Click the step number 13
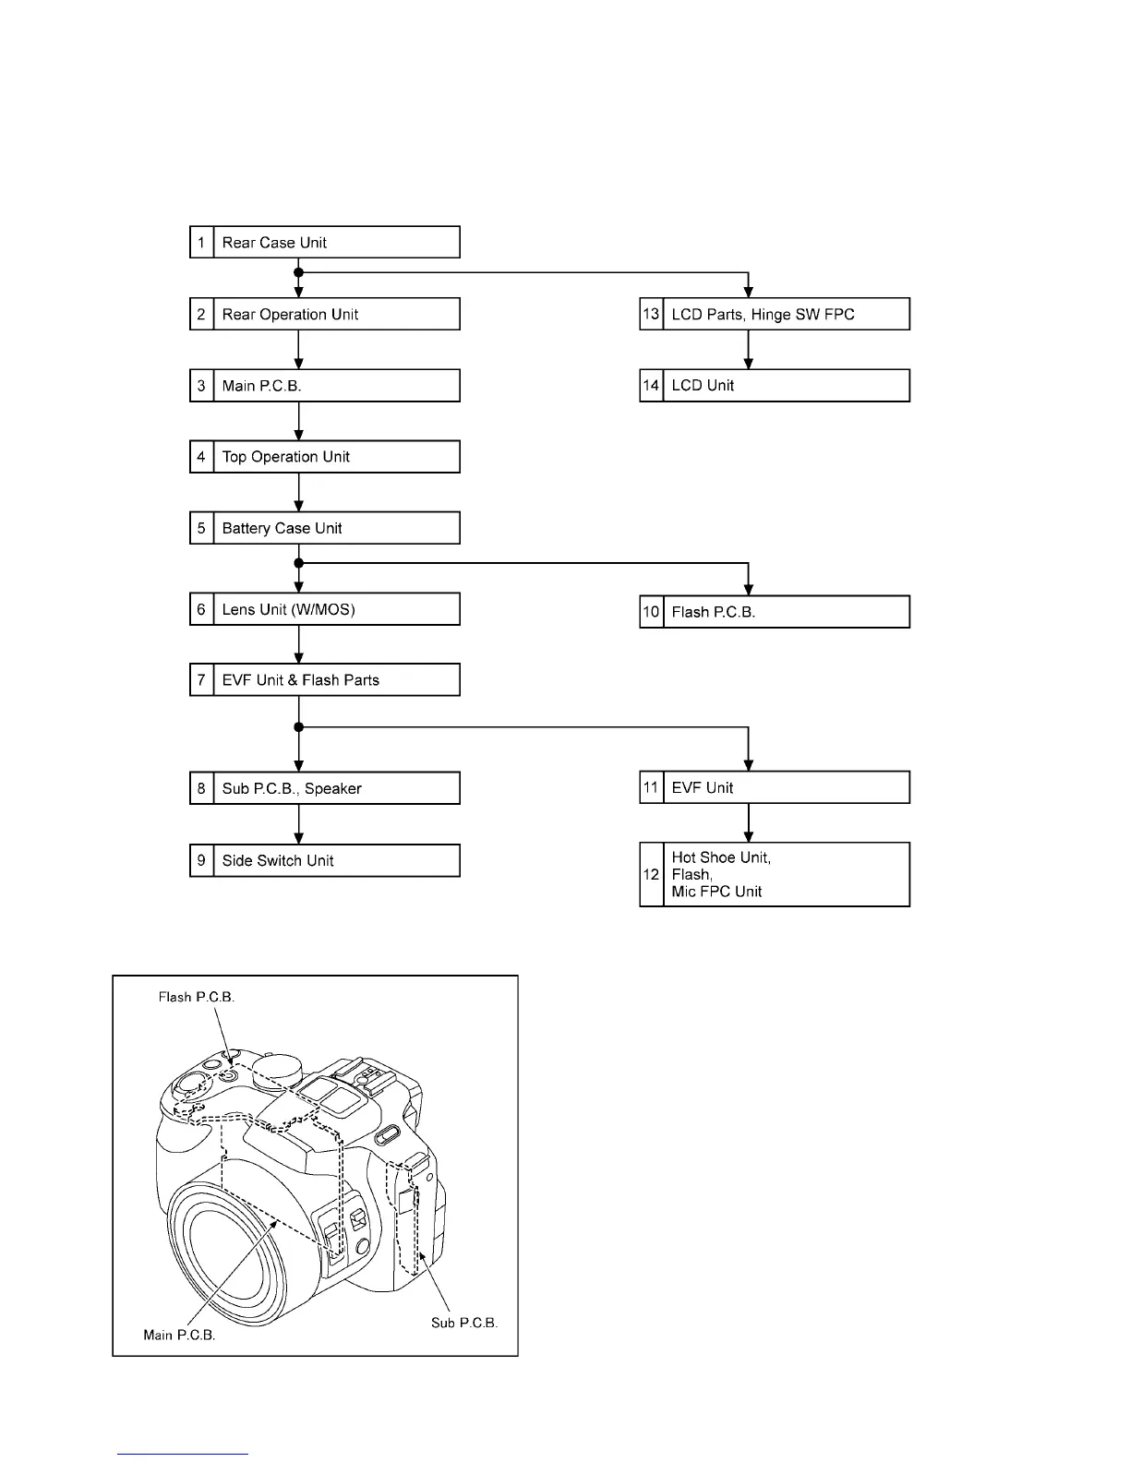click(651, 314)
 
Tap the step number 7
click(201, 680)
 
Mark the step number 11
click(651, 787)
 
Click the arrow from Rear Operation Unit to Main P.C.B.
click(298, 350)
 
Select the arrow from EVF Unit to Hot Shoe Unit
click(749, 822)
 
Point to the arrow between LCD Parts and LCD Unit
click(749, 350)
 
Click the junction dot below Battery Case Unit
click(298, 562)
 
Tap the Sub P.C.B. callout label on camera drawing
click(464, 1323)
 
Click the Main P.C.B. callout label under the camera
click(179, 1335)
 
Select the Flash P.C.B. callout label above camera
click(197, 997)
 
